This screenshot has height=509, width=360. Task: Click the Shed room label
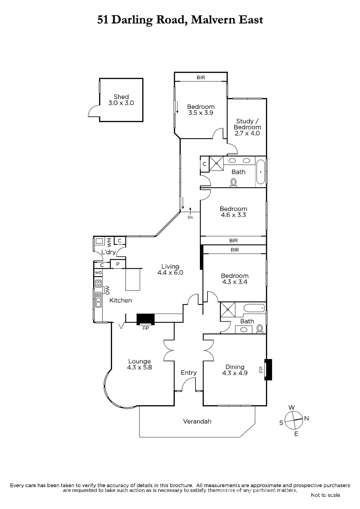[121, 97]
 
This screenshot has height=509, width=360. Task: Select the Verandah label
[197, 421]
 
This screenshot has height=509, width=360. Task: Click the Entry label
[188, 373]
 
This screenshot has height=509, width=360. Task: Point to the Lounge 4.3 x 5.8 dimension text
[139, 367]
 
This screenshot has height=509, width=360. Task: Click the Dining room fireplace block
[268, 369]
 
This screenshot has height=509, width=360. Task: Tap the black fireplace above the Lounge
[145, 319]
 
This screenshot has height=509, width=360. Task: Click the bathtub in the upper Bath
[261, 172]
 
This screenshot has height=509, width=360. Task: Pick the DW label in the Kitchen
[108, 290]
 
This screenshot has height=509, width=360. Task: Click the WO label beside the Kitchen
[98, 273]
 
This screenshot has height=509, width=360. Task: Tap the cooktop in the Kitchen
[98, 283]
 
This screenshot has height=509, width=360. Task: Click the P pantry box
[118, 264]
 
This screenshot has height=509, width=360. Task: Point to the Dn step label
[190, 218]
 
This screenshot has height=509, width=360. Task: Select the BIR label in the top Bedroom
[201, 78]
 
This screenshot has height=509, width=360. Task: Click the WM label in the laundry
[109, 242]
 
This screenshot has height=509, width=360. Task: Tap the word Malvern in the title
[213, 20]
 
